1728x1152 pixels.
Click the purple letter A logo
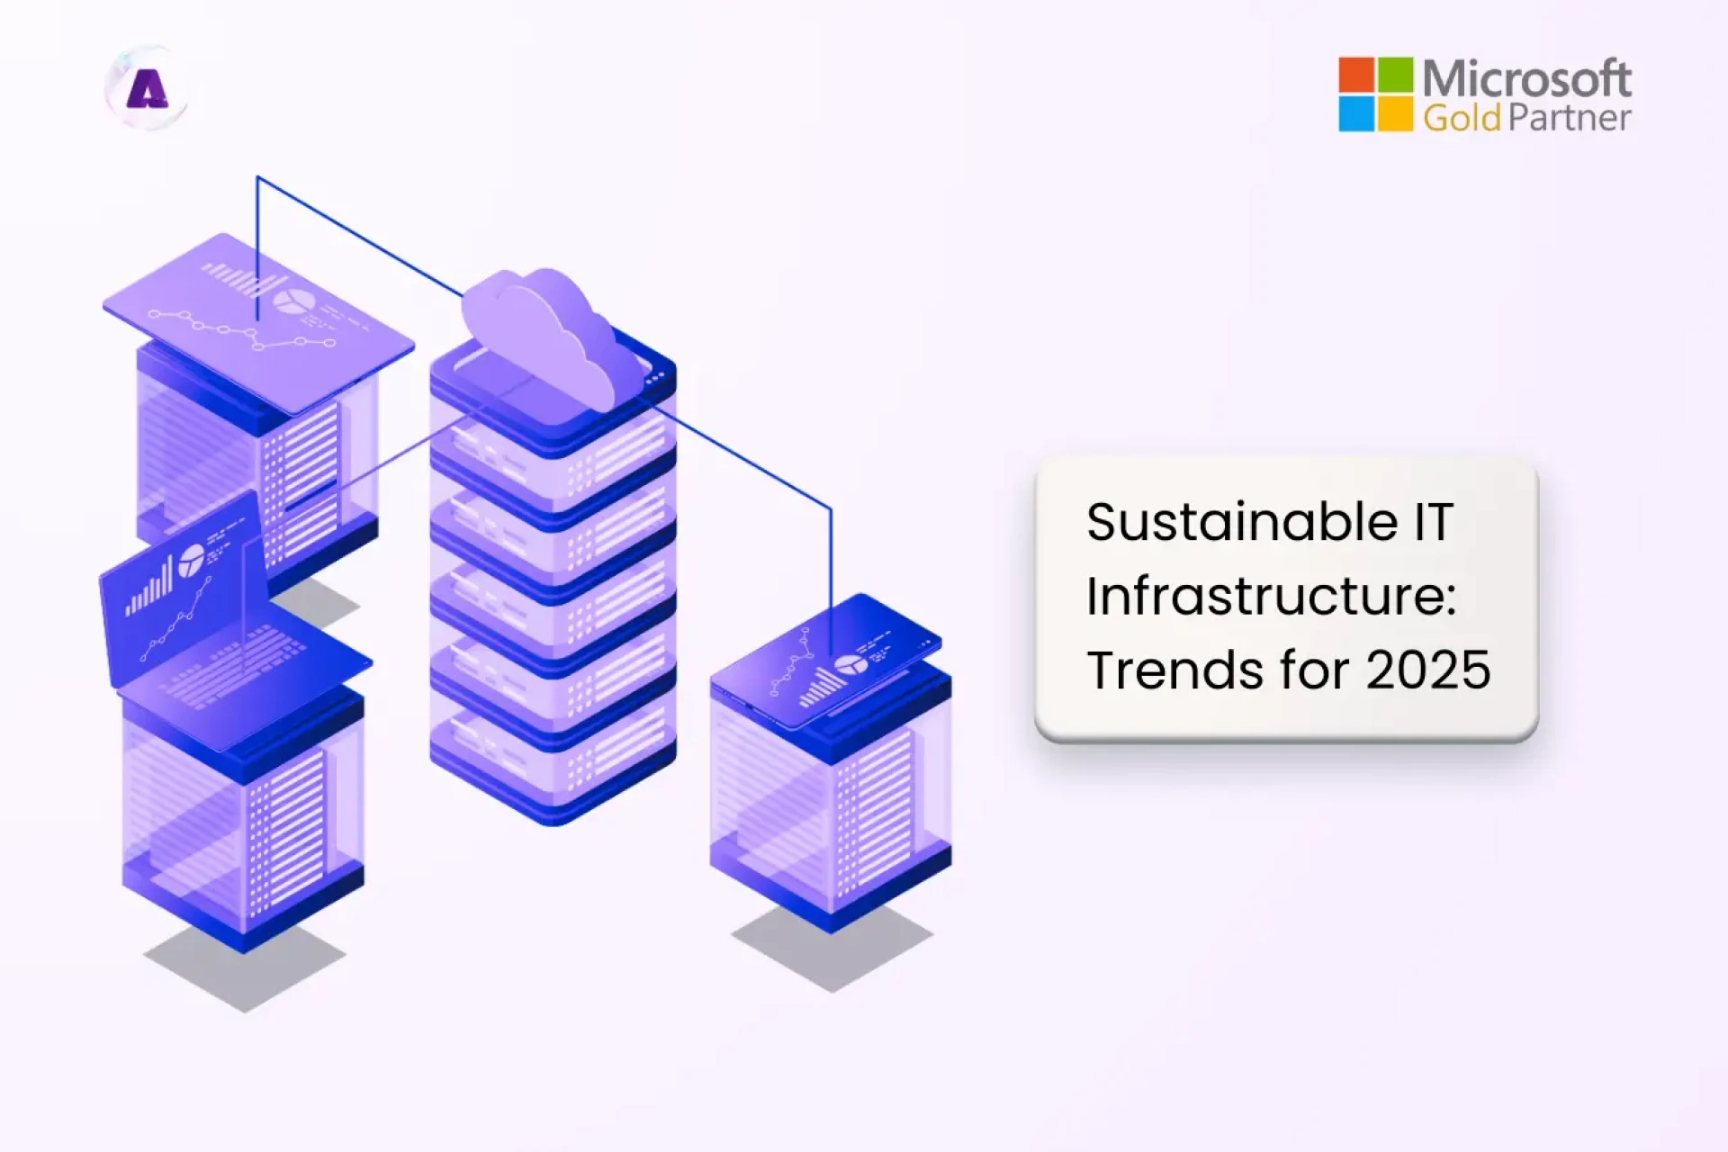tap(147, 89)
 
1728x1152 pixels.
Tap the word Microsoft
tap(1526, 79)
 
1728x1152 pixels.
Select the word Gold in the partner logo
tap(1462, 118)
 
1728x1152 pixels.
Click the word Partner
tap(1570, 118)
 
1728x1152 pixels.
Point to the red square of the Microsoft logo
tap(1356, 75)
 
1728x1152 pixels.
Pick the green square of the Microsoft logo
tap(1395, 75)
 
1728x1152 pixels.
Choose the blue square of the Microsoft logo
tap(1356, 114)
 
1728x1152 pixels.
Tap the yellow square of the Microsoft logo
tap(1395, 114)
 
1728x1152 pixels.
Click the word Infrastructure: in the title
tap(1271, 596)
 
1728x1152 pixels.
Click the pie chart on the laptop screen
tap(191, 561)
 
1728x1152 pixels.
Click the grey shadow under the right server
tap(832, 949)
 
